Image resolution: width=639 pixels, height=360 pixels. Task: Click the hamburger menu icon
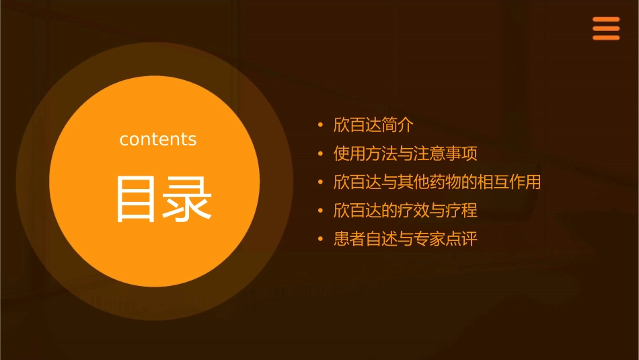click(x=605, y=28)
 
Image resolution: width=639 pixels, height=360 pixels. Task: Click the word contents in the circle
click(x=158, y=139)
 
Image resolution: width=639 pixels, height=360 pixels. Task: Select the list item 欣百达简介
click(x=373, y=125)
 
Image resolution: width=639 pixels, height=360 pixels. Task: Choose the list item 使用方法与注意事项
click(x=406, y=153)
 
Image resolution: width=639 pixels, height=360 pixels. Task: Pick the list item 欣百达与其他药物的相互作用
click(x=437, y=182)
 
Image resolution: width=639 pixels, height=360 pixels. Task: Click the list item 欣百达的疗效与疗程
click(x=406, y=211)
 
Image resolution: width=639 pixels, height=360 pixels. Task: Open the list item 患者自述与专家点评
click(x=406, y=240)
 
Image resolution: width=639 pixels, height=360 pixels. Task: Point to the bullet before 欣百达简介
click(x=321, y=125)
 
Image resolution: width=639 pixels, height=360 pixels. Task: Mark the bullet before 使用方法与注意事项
click(x=321, y=154)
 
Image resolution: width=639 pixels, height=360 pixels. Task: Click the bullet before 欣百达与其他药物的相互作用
click(x=321, y=182)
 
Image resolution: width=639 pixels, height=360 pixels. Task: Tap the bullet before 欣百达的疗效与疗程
click(x=321, y=211)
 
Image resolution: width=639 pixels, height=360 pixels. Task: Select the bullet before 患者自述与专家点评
click(x=321, y=240)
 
